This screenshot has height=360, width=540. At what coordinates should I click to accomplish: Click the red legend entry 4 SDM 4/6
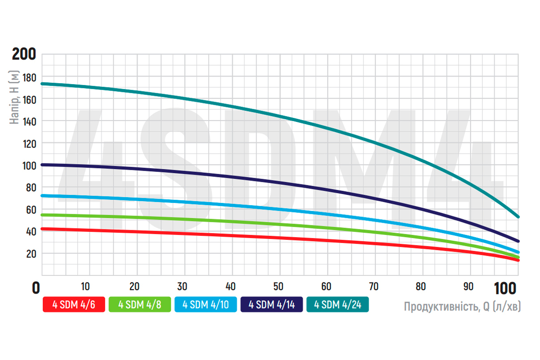(x=74, y=305)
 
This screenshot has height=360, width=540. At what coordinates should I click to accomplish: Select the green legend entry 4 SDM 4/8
(x=139, y=305)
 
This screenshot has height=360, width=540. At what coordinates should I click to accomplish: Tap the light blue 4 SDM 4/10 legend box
(x=206, y=305)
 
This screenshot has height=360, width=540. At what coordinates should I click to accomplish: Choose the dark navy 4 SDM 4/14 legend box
(x=271, y=305)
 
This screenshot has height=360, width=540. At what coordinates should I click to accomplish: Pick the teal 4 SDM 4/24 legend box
(x=337, y=305)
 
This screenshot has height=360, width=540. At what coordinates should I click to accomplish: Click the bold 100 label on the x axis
(x=507, y=288)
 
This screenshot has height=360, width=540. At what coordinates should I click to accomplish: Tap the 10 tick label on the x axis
(x=85, y=287)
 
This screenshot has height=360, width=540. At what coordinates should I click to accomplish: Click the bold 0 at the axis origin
(x=36, y=288)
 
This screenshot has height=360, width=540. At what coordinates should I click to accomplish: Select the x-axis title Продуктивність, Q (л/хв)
(x=462, y=307)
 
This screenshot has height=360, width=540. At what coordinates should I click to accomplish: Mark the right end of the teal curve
(x=518, y=217)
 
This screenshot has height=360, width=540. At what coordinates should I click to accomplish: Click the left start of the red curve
(x=42, y=229)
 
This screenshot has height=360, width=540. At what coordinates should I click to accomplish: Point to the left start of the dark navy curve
(x=42, y=165)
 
